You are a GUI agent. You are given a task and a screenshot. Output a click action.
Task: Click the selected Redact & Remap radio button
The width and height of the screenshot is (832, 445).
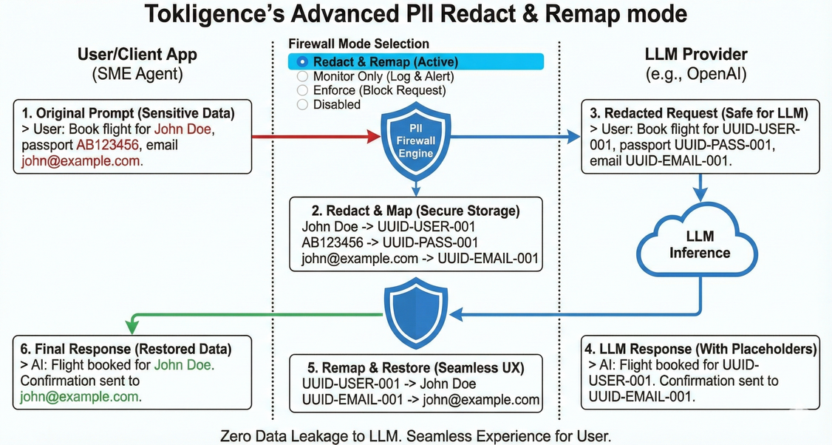click(x=301, y=62)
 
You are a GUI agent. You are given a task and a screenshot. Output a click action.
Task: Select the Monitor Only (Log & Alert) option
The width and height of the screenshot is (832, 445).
click(x=301, y=76)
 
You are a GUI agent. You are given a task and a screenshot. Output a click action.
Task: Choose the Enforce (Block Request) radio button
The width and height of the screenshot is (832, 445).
click(x=301, y=90)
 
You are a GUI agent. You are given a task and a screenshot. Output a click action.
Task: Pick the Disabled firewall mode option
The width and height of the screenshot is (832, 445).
click(x=301, y=104)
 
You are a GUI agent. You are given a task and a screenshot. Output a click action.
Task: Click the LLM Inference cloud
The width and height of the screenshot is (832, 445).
click(x=700, y=245)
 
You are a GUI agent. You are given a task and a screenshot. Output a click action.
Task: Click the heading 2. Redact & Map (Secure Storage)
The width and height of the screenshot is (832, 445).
click(x=416, y=211)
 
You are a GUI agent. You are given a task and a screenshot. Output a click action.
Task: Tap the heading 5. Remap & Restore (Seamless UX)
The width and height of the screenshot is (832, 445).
click(x=416, y=367)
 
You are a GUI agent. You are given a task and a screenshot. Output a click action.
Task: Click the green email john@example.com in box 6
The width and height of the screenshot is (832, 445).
click(x=80, y=396)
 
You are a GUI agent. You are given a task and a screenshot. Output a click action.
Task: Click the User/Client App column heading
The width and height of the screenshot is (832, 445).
click(x=137, y=55)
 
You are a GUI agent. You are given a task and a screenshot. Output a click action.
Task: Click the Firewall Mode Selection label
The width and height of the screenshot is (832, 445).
click(x=358, y=44)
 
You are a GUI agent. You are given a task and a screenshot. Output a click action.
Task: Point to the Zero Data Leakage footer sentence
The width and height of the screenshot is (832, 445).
click(x=416, y=435)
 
